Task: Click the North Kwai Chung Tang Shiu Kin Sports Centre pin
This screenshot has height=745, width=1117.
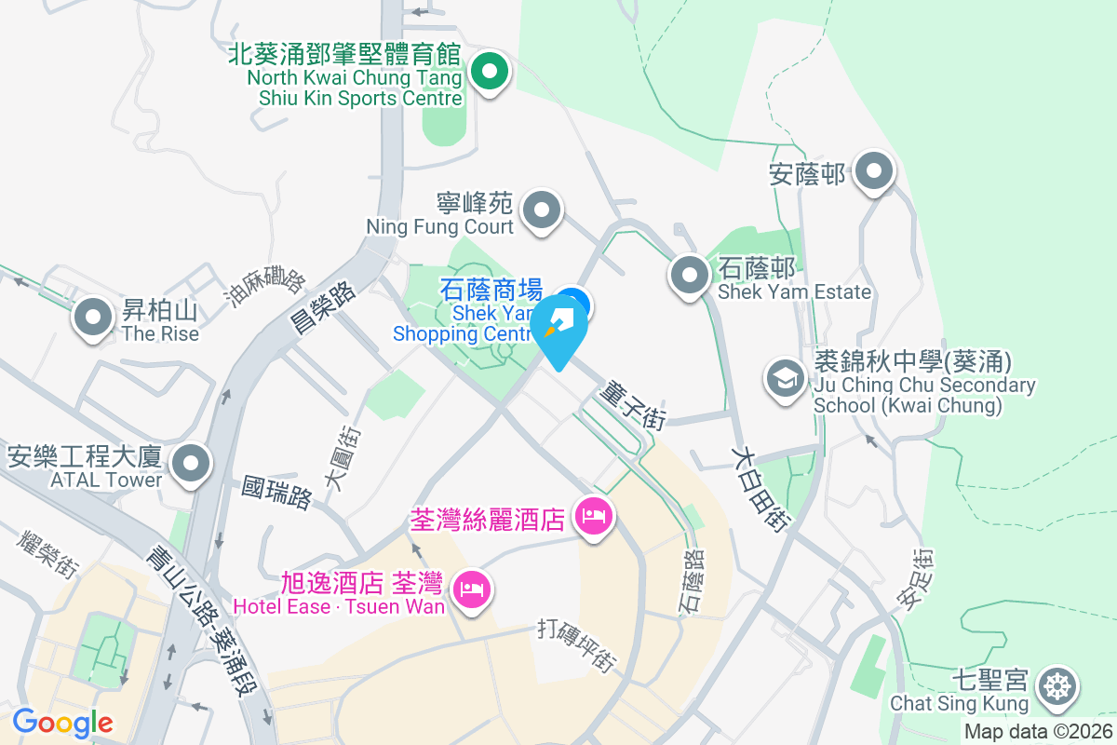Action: pos(488,72)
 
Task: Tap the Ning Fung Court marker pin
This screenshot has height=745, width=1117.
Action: pos(542,210)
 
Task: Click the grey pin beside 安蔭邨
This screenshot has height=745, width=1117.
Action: pos(874,171)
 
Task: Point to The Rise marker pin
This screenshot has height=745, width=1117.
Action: pos(92,317)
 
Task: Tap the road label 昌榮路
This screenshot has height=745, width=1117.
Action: pos(331,305)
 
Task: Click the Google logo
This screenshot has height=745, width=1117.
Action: pos(62,722)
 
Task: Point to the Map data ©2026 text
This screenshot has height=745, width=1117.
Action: pos(1037,731)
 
